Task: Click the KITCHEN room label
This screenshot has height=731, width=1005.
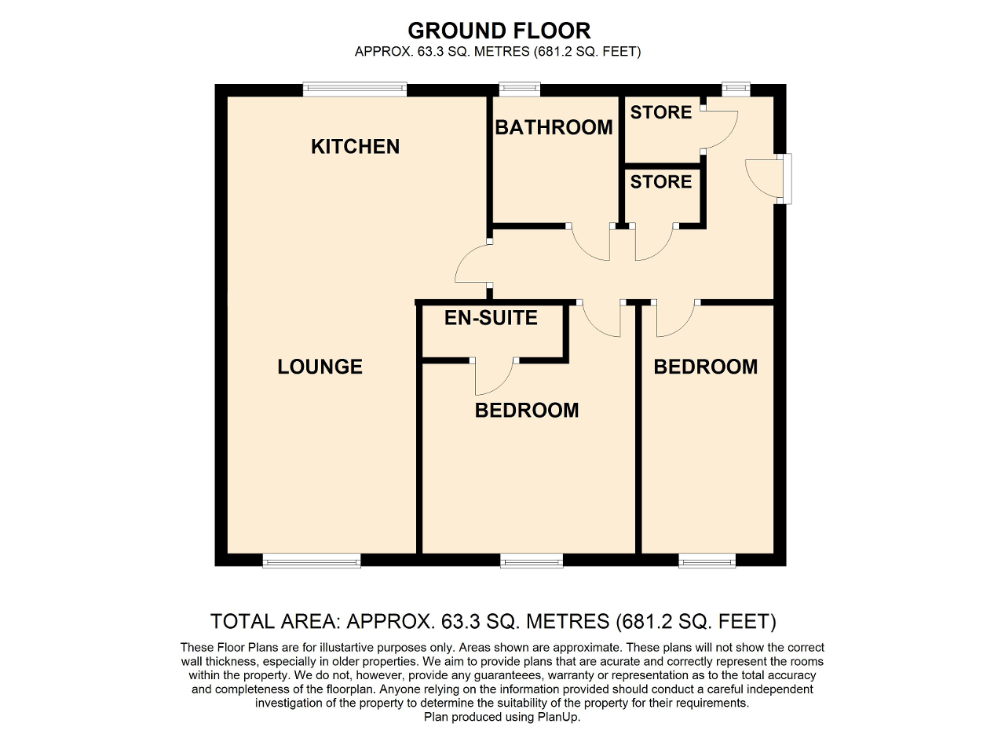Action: click(356, 147)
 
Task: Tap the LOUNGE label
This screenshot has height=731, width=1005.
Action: click(320, 367)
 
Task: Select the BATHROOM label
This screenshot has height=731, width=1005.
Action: click(554, 127)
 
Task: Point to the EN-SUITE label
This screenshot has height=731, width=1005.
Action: click(491, 318)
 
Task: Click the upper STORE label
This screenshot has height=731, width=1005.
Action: click(661, 112)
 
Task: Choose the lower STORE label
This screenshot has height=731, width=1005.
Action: click(661, 181)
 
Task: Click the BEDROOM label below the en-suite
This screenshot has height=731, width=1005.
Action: click(527, 410)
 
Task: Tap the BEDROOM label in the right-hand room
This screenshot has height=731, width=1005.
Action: click(705, 367)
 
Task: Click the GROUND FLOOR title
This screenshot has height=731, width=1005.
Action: click(499, 31)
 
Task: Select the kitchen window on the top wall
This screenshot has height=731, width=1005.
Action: click(355, 89)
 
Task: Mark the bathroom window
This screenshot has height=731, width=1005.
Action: click(520, 89)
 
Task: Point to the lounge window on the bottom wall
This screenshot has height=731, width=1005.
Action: click(312, 561)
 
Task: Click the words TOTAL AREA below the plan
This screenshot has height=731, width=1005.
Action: click(274, 622)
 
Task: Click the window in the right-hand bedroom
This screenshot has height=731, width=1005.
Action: click(707, 561)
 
